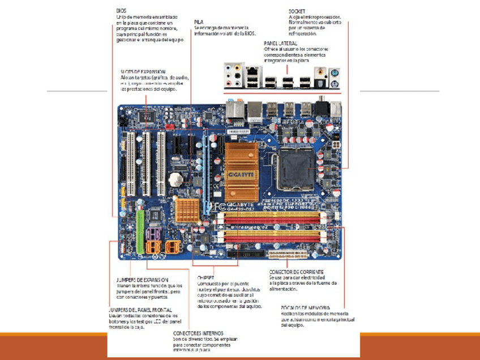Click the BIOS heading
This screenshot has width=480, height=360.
pyautogui.click(x=121, y=10)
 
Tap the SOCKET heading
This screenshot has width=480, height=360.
pyautogui.click(x=298, y=11)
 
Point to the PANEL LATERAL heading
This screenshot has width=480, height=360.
pyautogui.click(x=281, y=43)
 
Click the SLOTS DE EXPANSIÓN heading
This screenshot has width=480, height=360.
pyautogui.click(x=143, y=72)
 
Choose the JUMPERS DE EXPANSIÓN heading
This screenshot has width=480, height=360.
pyautogui.click(x=142, y=280)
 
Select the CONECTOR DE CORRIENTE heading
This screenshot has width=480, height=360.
pyautogui.click(x=297, y=272)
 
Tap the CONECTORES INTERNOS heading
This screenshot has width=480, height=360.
pyautogui.click(x=198, y=333)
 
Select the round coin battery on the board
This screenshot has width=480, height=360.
pyautogui.click(x=178, y=178)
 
